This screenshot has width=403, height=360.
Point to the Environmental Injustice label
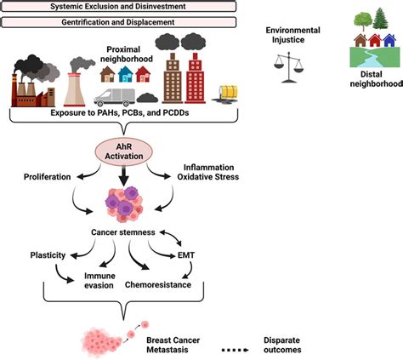click(x=293, y=35)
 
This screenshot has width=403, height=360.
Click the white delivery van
click(x=115, y=97)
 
